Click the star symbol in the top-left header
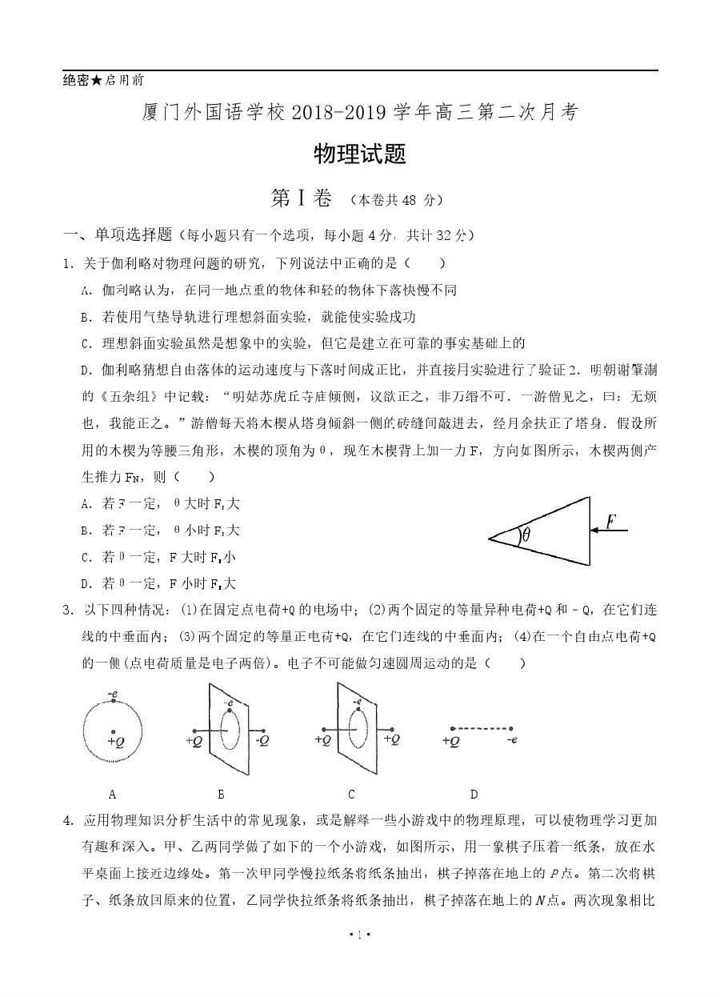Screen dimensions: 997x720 point(96,81)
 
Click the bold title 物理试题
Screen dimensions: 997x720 point(360,154)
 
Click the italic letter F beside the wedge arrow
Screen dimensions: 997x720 point(610,522)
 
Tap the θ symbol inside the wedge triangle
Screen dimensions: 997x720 point(526,535)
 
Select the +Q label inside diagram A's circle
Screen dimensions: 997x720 point(116,742)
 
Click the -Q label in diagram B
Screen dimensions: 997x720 point(262,741)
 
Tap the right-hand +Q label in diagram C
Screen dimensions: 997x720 point(391,740)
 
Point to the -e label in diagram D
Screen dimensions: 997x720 point(511,741)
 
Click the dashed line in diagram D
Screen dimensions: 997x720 point(481,729)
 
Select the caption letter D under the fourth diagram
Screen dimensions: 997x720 point(474,795)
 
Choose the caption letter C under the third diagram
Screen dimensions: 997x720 point(351,795)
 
